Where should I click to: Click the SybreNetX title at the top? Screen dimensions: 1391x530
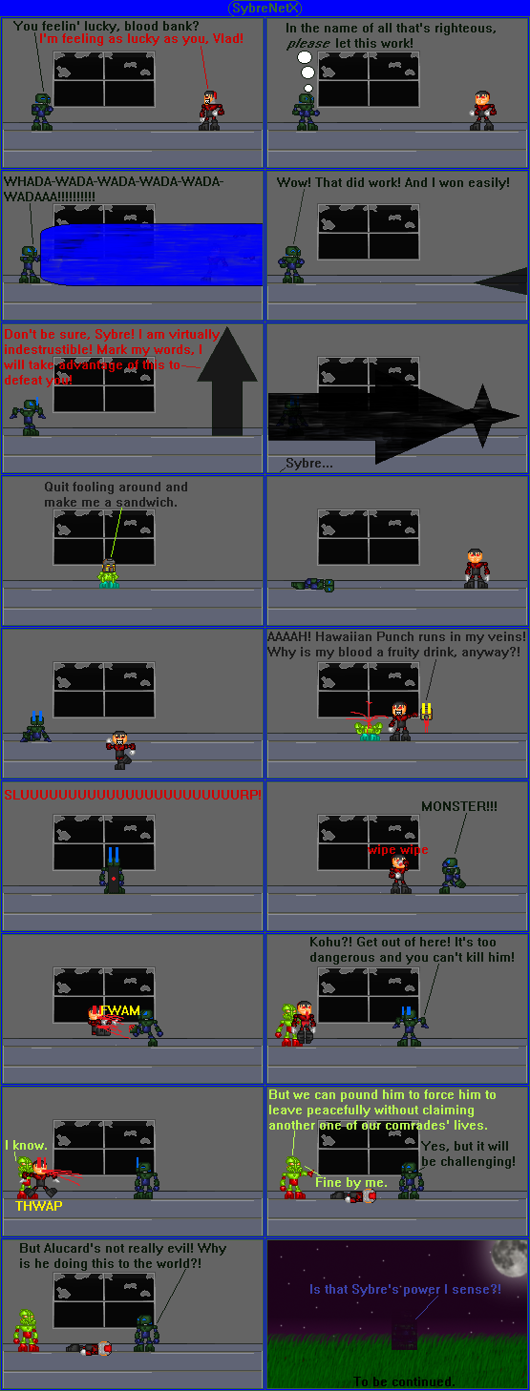click(x=265, y=8)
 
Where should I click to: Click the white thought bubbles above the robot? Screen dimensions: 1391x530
click(x=305, y=66)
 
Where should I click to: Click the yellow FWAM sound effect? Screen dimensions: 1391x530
click(x=120, y=1010)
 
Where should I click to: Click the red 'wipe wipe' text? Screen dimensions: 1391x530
click(x=398, y=849)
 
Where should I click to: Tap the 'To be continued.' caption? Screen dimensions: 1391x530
click(x=404, y=1381)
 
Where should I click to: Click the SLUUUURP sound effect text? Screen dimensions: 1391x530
click(x=132, y=794)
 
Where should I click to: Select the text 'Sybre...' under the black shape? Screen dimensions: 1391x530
click(x=309, y=464)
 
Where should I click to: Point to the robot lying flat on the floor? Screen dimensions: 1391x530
click(x=313, y=584)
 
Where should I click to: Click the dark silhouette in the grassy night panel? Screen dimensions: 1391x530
click(x=404, y=1334)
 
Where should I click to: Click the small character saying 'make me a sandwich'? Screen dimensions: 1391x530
click(x=108, y=573)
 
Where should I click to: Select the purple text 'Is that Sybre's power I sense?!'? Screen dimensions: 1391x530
click(x=405, y=1289)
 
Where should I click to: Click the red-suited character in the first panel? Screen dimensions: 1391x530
click(x=209, y=110)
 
